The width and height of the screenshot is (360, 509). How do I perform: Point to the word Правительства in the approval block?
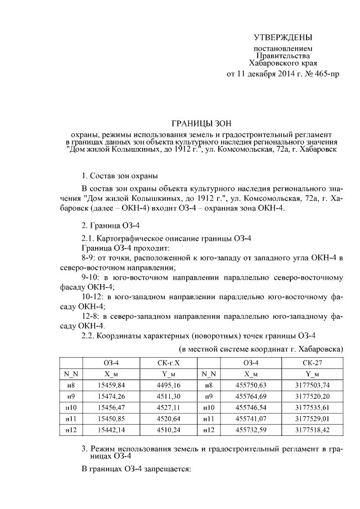point(282,56)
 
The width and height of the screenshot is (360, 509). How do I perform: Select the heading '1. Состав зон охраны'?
point(120,176)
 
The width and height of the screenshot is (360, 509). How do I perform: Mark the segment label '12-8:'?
point(92,317)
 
